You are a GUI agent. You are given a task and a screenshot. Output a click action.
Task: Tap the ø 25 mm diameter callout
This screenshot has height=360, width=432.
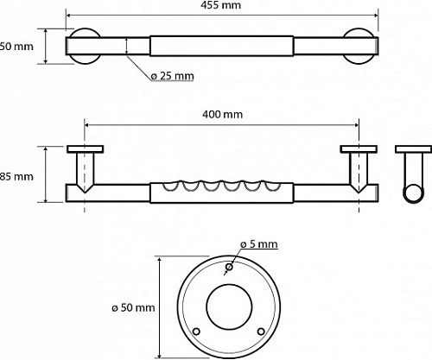[172, 76]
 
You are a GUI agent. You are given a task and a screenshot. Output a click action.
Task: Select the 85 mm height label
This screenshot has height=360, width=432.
[16, 176]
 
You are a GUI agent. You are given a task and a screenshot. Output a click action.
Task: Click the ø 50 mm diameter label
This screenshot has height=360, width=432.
[133, 306]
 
